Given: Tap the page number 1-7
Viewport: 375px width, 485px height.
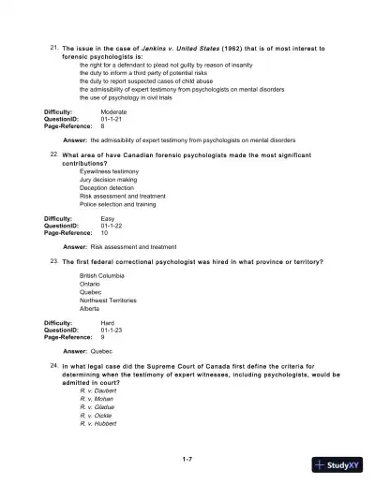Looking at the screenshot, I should click(187, 459).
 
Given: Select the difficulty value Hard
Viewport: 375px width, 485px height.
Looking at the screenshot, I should click(107, 322).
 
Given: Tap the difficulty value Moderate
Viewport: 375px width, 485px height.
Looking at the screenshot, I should click(113, 111).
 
